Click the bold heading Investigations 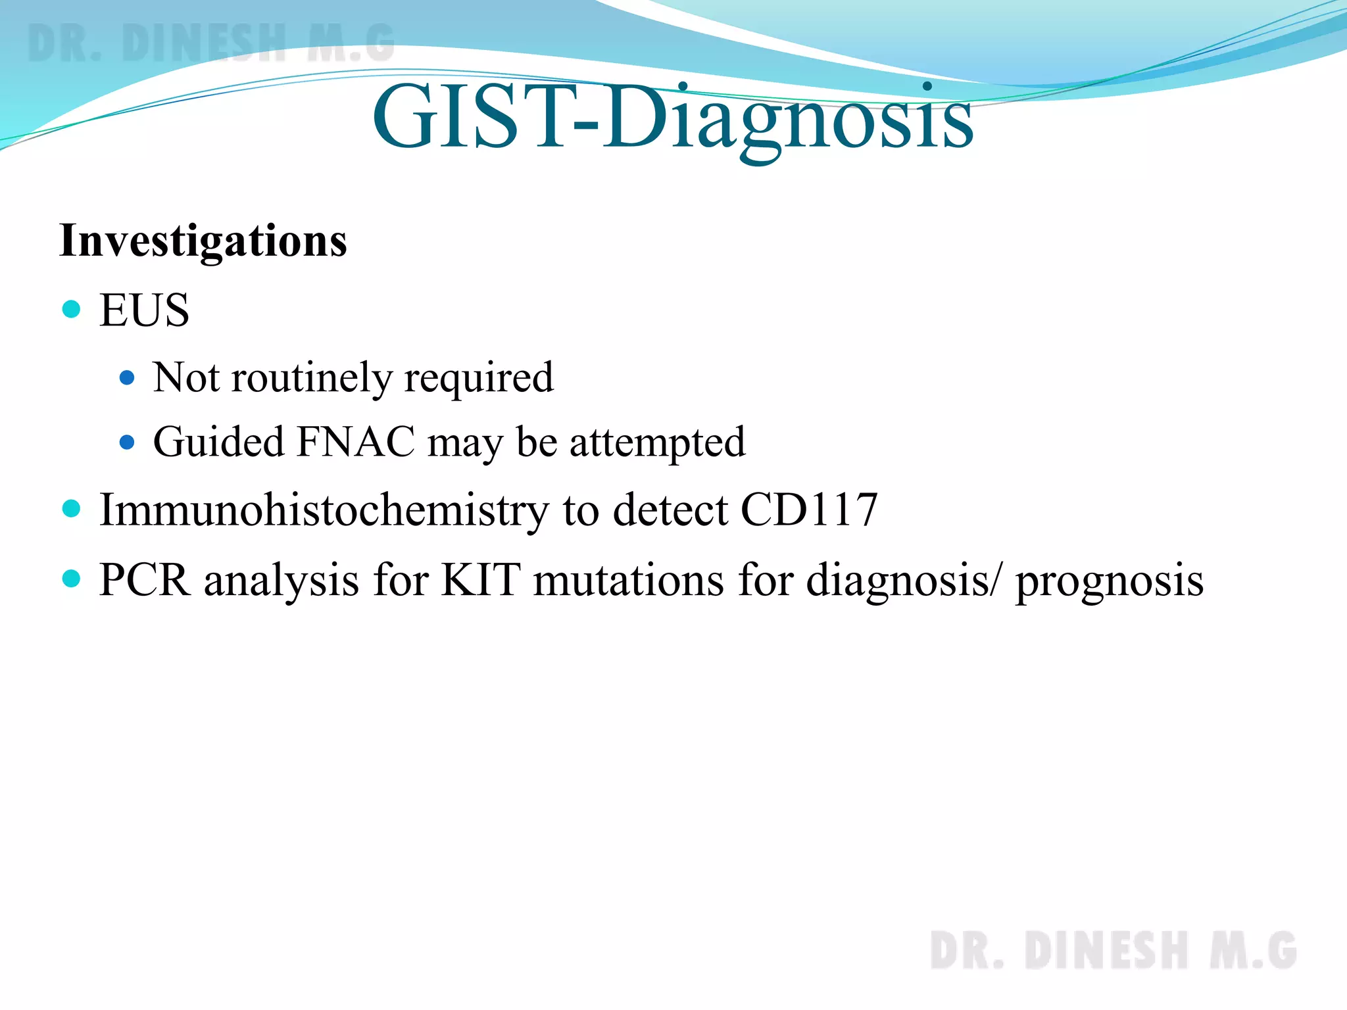tap(203, 241)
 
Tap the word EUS tap(144, 310)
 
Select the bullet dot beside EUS tap(71, 309)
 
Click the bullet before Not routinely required tap(127, 378)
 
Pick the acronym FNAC tap(356, 442)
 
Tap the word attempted tap(657, 442)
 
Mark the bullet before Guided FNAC tap(127, 442)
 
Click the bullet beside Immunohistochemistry tap(71, 508)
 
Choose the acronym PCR tap(145, 580)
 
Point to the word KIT tap(481, 580)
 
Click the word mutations tap(628, 580)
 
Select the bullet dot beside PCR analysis tap(71, 579)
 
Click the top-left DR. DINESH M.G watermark tap(211, 43)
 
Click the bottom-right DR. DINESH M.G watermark tap(1113, 950)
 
